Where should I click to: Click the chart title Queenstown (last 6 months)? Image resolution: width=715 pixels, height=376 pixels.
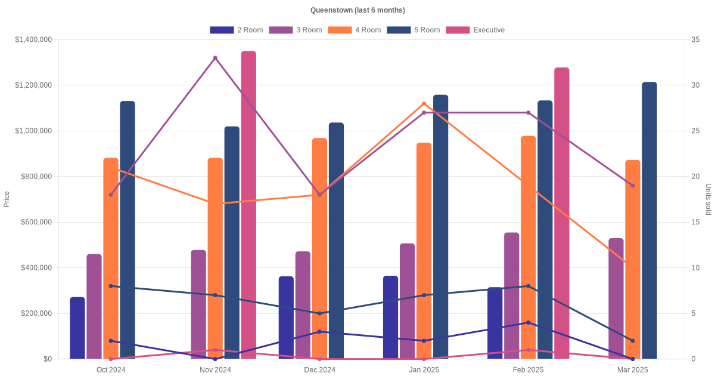point(357,10)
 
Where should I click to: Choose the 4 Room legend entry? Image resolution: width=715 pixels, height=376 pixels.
point(355,30)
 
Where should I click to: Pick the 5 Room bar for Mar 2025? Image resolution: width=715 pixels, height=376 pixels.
point(649,220)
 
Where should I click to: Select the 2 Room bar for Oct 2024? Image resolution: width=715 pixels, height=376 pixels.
point(77,328)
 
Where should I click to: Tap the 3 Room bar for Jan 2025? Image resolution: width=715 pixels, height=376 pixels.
point(408,301)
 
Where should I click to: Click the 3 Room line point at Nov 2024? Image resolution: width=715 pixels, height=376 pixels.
point(215,58)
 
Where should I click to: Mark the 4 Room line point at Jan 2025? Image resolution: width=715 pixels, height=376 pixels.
point(424,104)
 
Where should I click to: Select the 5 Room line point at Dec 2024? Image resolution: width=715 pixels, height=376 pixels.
point(319,313)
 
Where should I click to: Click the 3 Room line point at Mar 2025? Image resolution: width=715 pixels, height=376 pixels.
point(633,186)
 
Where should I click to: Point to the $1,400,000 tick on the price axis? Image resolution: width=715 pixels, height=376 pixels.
point(34,39)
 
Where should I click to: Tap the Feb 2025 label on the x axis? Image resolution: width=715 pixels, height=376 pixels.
point(529,370)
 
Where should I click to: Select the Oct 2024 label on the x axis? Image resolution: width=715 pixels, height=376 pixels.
point(111,370)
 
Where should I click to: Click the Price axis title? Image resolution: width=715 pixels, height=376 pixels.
point(7,199)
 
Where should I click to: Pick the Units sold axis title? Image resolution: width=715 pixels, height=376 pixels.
point(708,199)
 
